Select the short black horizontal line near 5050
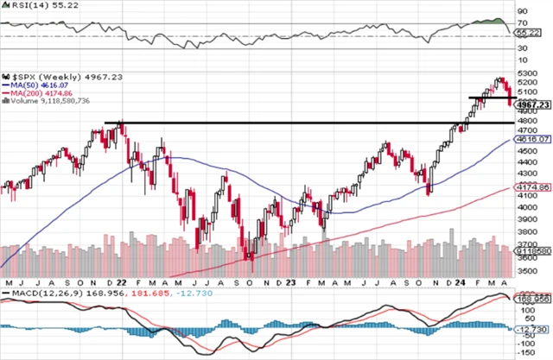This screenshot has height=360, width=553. (x=489, y=98)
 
